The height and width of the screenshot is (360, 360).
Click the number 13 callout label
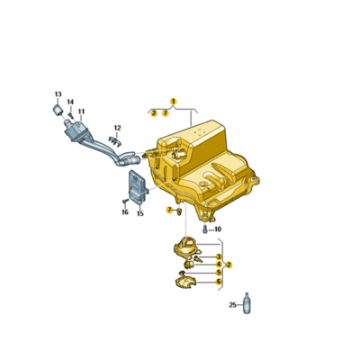pyautogui.click(x=58, y=94)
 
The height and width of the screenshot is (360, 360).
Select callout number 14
pyautogui.click(x=70, y=103)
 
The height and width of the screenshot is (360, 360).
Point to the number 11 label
pyautogui.click(x=81, y=112)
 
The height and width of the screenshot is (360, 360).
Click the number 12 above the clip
pyautogui.click(x=117, y=128)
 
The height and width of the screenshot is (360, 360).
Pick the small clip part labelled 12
pyautogui.click(x=114, y=139)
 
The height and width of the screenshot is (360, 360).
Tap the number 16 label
pyautogui.click(x=125, y=213)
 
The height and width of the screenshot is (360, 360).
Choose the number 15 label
pyautogui.click(x=139, y=214)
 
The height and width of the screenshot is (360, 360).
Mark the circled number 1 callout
pyautogui.click(x=174, y=101)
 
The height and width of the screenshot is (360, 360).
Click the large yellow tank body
pyautogui.click(x=211, y=166)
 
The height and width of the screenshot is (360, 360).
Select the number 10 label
pyautogui.click(x=217, y=229)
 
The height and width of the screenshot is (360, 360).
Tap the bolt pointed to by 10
pyautogui.click(x=205, y=229)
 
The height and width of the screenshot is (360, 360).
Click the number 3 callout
pyautogui.click(x=218, y=256)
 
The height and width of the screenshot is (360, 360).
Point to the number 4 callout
pyautogui.click(x=218, y=265)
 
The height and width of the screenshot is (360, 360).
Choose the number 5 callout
pyautogui.click(x=218, y=273)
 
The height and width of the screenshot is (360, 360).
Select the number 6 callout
pyautogui.click(x=218, y=282)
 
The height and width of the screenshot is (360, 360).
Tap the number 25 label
pyautogui.click(x=231, y=305)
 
